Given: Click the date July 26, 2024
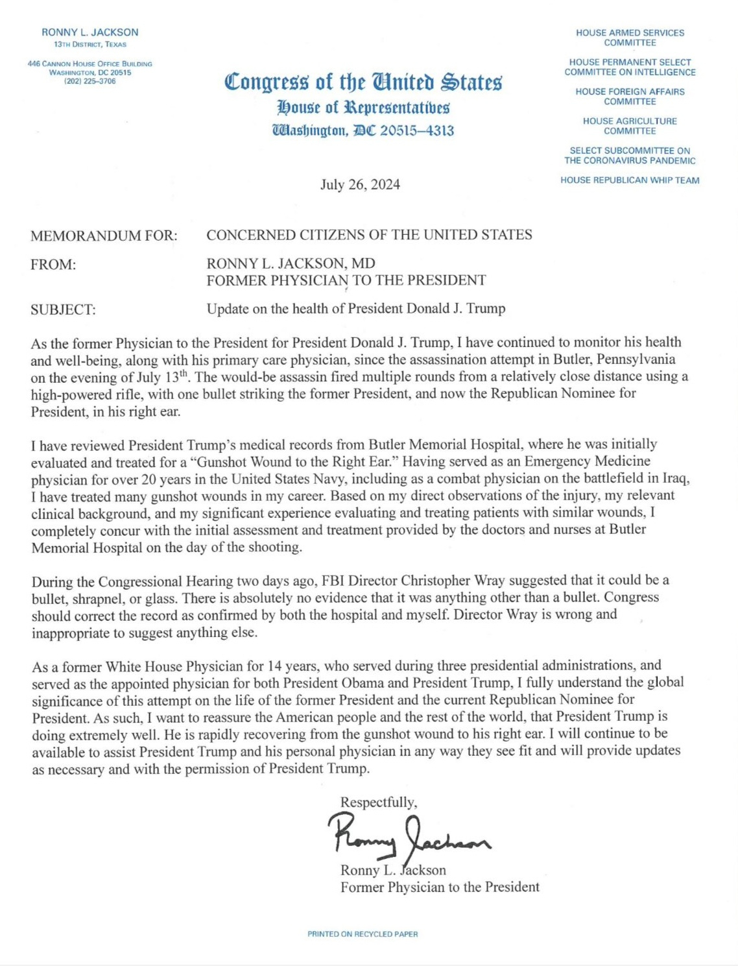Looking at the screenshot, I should [360, 185].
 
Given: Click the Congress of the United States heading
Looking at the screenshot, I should [363, 82].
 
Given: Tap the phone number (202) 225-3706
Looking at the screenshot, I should [90, 81].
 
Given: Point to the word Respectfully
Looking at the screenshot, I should [379, 803].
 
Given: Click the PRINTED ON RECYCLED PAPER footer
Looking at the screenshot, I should [363, 934].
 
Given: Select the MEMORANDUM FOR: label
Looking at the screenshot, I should [104, 235].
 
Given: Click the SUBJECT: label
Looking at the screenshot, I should [63, 309].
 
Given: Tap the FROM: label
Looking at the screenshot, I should [53, 265].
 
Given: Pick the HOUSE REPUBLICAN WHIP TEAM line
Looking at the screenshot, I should [630, 180].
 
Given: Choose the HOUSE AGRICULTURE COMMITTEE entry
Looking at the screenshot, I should [630, 126].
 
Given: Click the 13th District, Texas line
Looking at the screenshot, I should [90, 44].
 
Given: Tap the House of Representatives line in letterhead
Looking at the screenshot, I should [363, 107].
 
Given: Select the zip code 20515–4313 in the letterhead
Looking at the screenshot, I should [416, 130].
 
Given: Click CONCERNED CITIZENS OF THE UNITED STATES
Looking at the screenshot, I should [369, 235].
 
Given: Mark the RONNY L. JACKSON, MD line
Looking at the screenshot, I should [291, 263].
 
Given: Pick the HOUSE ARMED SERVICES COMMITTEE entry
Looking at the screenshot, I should [630, 38].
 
